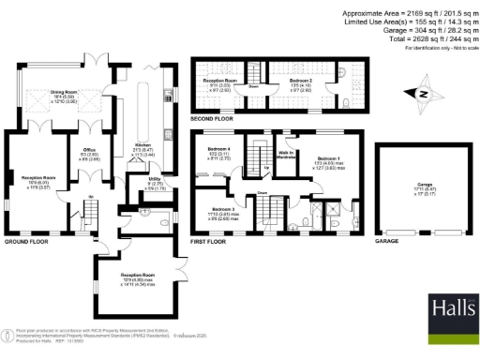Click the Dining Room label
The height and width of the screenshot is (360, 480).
(63, 95)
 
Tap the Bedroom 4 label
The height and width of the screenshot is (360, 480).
(218, 155)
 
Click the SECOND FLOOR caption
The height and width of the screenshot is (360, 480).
(212, 119)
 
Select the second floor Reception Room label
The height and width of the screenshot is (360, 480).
(219, 84)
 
